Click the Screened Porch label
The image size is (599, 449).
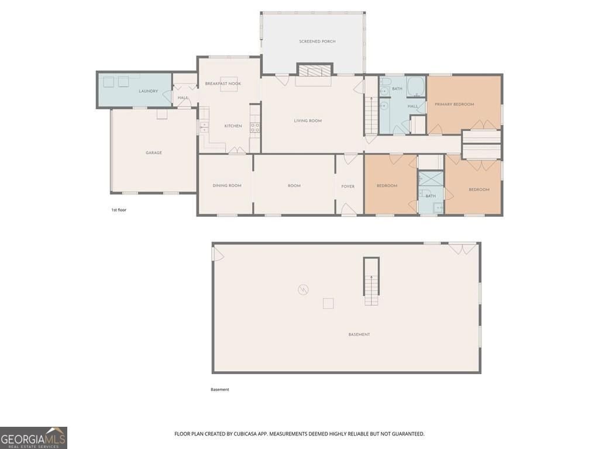317,42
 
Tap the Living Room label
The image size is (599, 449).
308,120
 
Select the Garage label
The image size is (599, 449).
154,153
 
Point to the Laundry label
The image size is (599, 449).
148,91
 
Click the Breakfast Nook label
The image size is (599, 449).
223,84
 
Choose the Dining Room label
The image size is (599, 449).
227,185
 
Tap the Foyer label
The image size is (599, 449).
347,186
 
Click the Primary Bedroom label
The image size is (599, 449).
454,104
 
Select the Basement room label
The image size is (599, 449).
359,334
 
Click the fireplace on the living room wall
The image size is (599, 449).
315,71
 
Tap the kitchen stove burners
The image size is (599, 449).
255,127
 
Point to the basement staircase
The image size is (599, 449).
371,282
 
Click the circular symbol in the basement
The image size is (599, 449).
303,290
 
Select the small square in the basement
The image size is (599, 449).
328,303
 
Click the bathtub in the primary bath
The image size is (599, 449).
416,87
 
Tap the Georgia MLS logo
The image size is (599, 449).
33,438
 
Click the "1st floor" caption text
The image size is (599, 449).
119,210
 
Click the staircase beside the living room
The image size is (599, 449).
371,115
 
